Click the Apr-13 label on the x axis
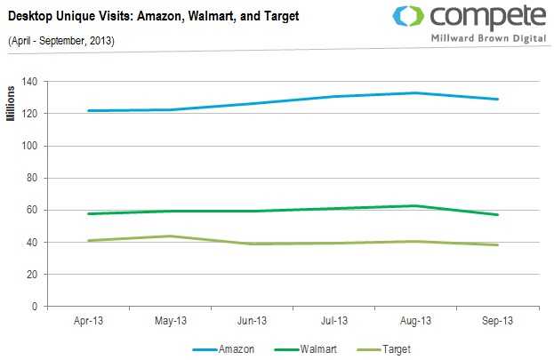point(89,320)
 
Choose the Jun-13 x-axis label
point(253,320)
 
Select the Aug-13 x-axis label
point(416,320)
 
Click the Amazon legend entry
point(235,349)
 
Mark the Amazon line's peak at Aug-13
point(416,92)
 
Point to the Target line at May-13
point(171,236)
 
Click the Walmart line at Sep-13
point(498,214)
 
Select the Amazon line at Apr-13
point(89,111)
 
